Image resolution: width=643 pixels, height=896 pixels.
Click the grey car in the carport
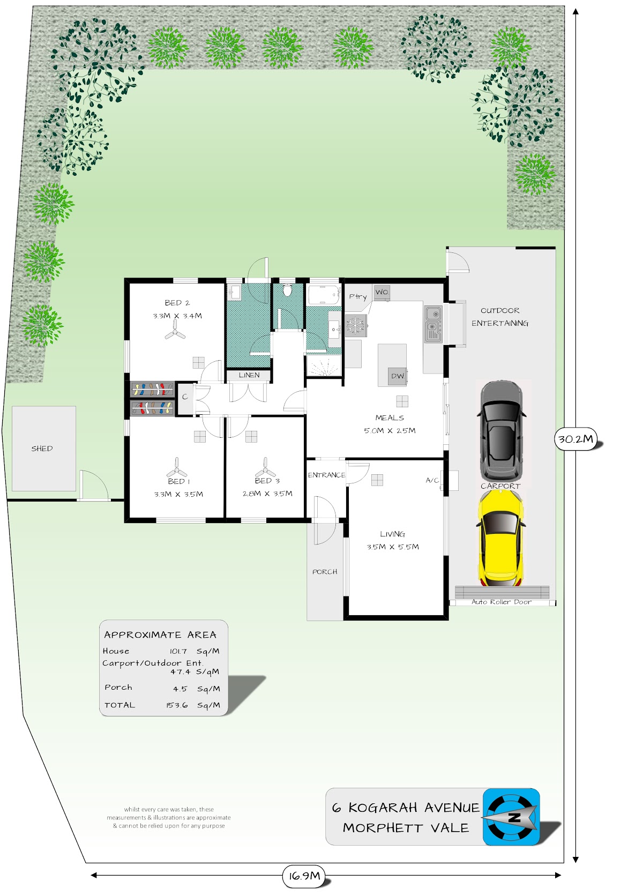[502, 431]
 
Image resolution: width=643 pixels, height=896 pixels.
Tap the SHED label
[42, 449]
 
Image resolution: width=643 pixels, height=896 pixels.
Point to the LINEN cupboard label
[249, 375]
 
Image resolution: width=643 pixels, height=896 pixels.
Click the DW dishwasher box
[398, 376]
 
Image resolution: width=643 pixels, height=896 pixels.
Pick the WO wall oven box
[382, 293]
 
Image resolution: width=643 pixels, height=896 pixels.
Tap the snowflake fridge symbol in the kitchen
[355, 325]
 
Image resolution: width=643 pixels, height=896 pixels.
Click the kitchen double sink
[433, 324]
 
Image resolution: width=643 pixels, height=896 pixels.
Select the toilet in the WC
[287, 290]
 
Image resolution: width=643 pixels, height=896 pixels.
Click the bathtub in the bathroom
[324, 296]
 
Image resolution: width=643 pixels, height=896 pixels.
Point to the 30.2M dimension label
[575, 439]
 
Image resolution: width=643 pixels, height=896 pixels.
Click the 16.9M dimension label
[305, 876]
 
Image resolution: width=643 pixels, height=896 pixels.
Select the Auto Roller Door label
[502, 602]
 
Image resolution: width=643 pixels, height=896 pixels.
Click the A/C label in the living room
[432, 480]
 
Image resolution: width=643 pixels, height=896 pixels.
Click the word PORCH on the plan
[325, 572]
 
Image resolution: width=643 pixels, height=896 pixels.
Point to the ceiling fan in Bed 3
[265, 468]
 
